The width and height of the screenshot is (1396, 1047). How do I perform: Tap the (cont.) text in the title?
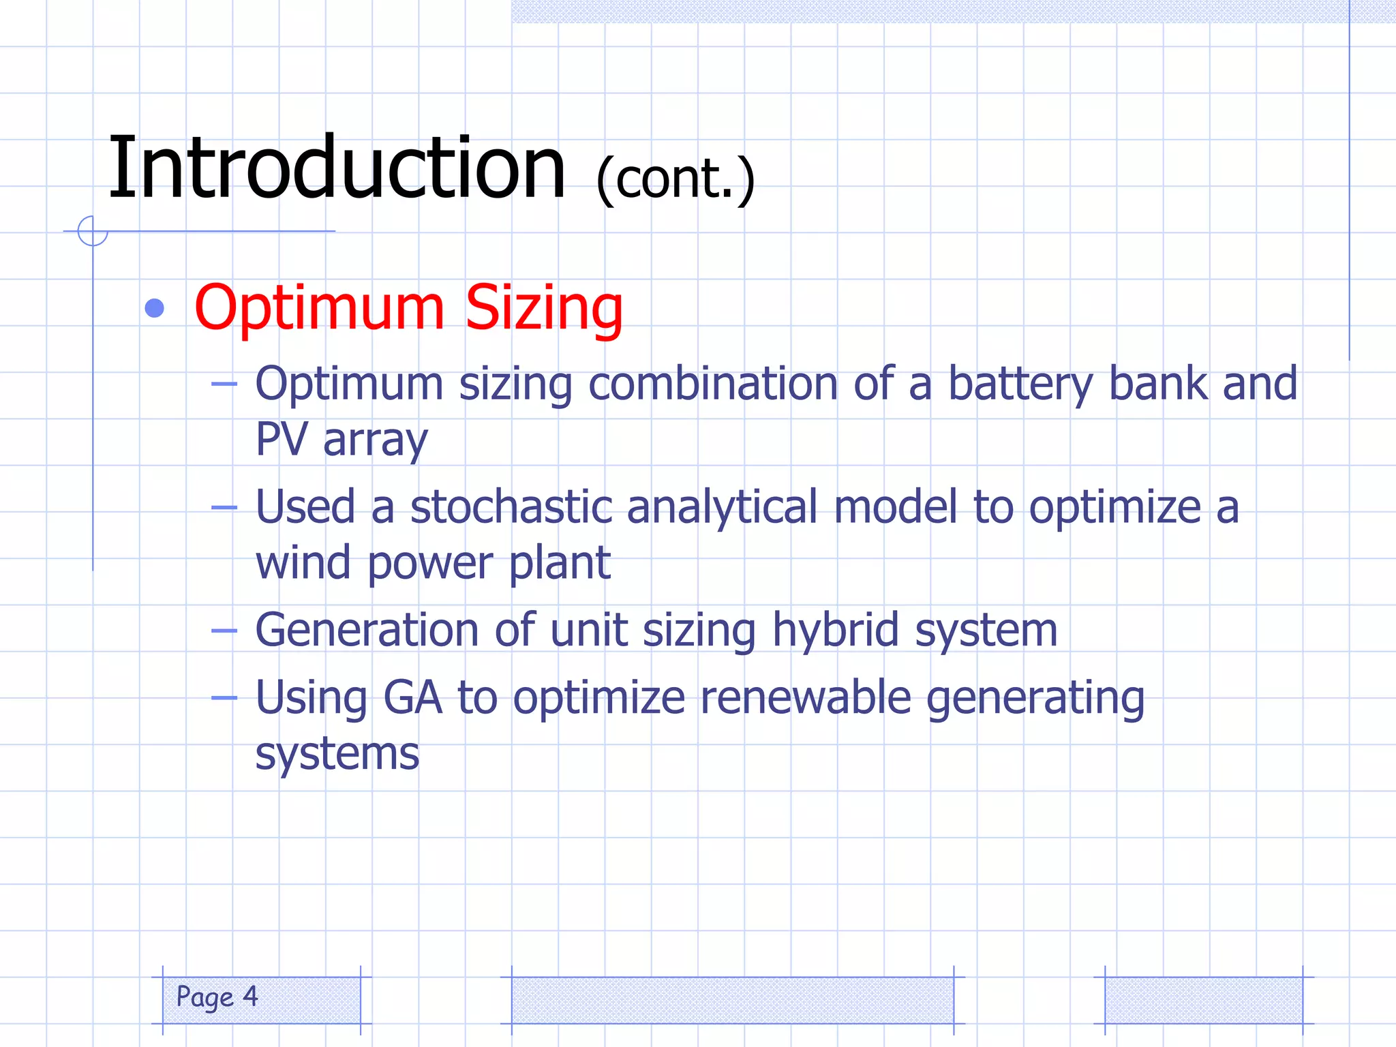tap(675, 179)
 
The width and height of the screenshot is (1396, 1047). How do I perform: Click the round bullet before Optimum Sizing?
tap(155, 309)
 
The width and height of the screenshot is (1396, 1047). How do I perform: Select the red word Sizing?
tap(543, 309)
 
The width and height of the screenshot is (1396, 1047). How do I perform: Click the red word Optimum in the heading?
tap(319, 309)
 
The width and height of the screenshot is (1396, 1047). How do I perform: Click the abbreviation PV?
tap(281, 440)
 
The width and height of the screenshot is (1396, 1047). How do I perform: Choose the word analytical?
tap(721, 508)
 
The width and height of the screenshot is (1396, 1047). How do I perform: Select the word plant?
tap(559, 563)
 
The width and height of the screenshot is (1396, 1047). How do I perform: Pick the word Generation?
tap(367, 630)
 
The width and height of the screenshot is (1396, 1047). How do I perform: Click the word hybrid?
tap(835, 630)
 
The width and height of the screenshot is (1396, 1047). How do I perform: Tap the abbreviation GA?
tap(412, 698)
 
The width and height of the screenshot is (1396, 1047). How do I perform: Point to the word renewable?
tap(805, 698)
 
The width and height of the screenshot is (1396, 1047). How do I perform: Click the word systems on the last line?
tap(337, 754)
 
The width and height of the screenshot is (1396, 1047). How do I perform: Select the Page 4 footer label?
tap(217, 997)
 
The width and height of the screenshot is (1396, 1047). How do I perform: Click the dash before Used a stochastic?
tap(224, 507)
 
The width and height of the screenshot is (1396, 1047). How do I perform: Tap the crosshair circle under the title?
tap(93, 231)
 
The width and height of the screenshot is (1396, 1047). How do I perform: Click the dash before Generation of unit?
tap(224, 631)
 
